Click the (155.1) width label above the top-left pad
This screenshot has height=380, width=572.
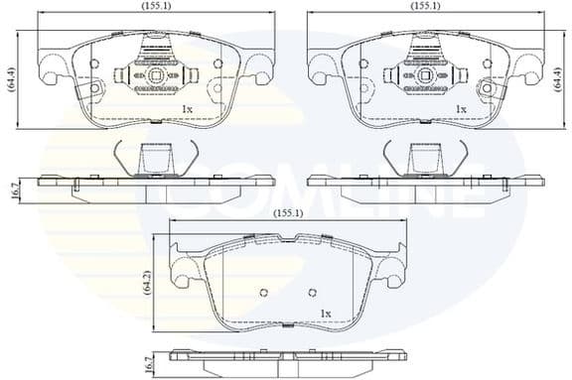153,6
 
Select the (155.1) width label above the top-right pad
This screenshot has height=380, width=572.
426,6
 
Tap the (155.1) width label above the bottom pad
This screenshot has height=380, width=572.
288,212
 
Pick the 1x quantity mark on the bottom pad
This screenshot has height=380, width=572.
324,314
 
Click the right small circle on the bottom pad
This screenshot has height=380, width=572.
312,292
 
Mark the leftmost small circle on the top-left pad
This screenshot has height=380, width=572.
94,64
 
